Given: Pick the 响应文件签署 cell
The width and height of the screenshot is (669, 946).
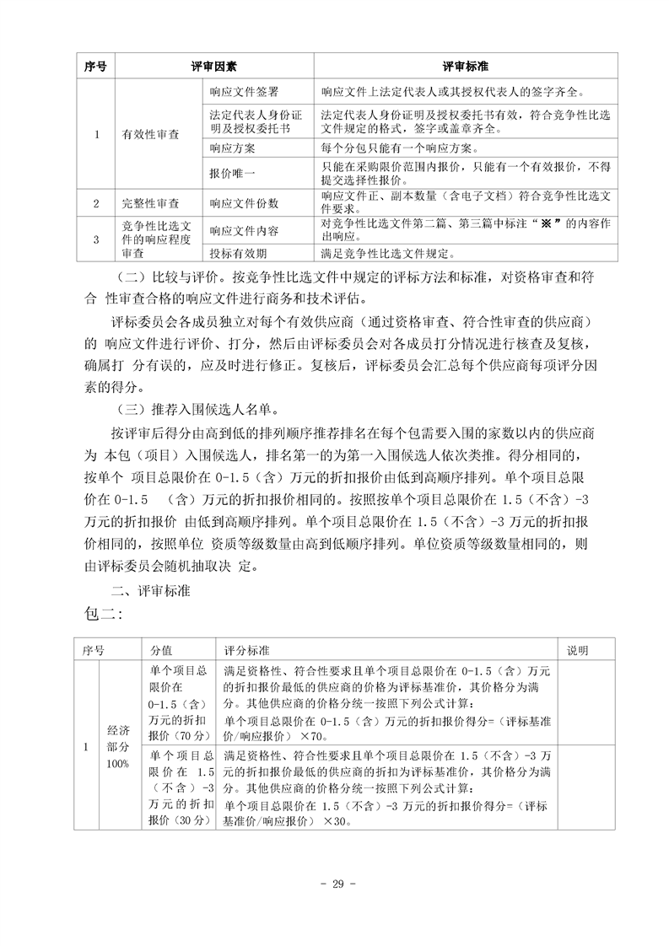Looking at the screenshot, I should coord(244,91).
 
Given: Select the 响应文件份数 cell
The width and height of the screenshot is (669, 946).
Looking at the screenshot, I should coord(244,203).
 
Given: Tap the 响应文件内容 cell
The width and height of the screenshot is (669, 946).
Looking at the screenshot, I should coord(244,230).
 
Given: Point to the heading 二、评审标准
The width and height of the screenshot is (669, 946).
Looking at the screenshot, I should coord(153,593).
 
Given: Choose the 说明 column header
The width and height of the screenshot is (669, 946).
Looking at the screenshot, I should coord(577,651).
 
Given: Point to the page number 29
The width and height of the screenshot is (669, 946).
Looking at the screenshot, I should coord(334,884).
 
